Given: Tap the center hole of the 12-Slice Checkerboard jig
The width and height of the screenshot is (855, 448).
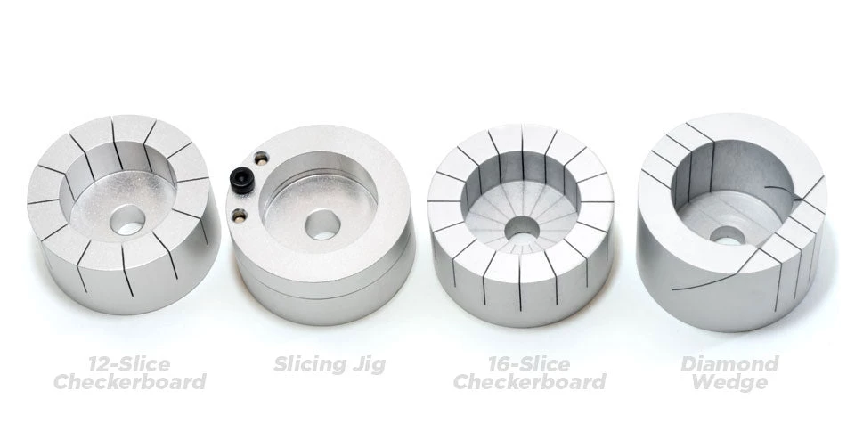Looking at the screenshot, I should click(x=130, y=221).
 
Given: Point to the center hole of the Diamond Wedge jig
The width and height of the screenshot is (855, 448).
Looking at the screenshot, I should click(x=728, y=235).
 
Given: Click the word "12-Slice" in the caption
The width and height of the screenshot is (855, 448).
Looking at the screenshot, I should click(x=129, y=363).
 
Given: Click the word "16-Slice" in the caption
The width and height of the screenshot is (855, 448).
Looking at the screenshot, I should click(x=529, y=363).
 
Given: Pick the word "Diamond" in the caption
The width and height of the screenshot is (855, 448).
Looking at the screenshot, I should click(x=729, y=363).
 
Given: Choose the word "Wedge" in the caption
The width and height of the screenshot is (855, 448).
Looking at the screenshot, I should click(x=729, y=383).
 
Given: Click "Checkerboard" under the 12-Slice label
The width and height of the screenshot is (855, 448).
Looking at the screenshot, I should click(x=129, y=383).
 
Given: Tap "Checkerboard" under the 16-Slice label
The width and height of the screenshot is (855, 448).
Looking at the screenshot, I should click(x=529, y=383).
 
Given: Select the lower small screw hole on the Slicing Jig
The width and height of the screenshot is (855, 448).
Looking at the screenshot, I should click(x=238, y=214).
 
